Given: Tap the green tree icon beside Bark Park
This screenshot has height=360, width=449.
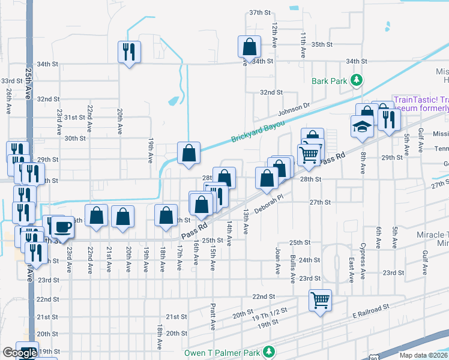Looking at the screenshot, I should click(356, 80).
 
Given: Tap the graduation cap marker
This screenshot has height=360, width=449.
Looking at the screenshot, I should click(363, 126).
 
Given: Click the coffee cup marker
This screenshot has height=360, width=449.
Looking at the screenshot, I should click(63, 226).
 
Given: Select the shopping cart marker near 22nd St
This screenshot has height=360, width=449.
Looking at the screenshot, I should click(320, 299).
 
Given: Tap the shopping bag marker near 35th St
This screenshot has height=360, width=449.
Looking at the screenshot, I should click(249, 46).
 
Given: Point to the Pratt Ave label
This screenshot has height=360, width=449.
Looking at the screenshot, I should click(213, 316).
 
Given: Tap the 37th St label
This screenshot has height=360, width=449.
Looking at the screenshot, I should click(261, 13).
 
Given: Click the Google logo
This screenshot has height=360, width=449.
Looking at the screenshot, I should click(20, 353).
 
